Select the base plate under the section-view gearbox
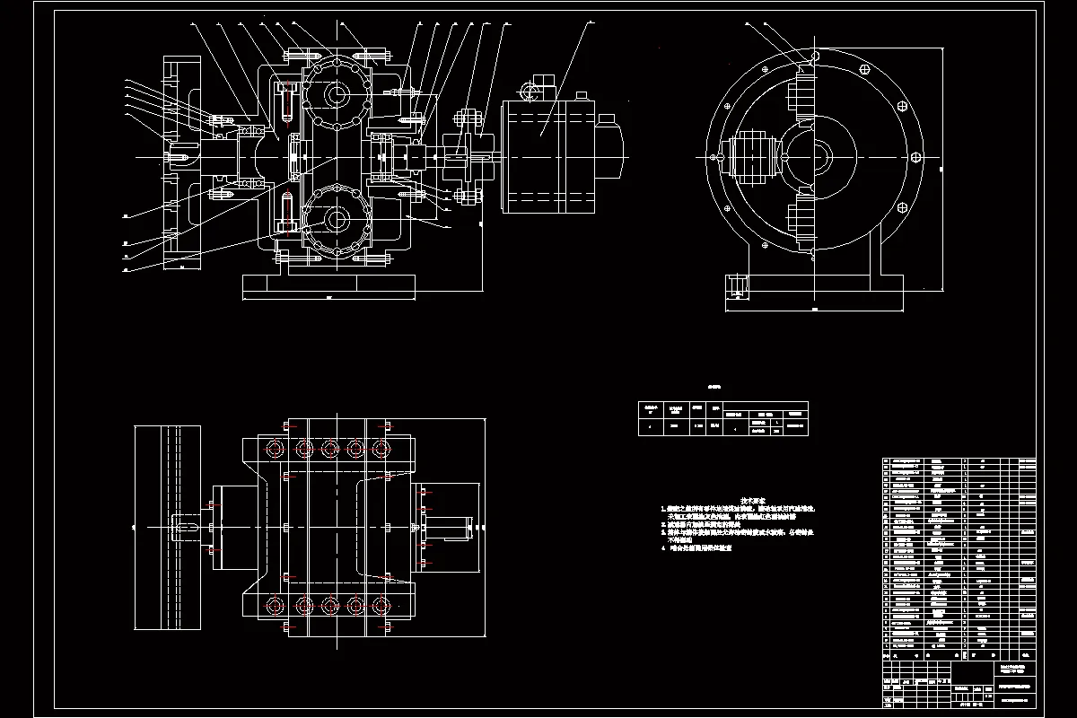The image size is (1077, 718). click(x=328, y=286)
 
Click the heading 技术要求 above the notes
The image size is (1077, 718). click(x=750, y=500)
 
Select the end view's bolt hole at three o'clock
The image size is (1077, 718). click(x=916, y=156)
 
